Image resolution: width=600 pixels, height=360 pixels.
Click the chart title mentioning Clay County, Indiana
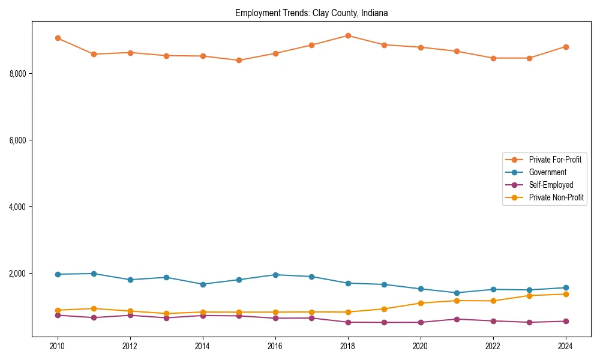pos(311,13)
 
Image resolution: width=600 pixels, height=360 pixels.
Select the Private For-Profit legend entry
pos(555,160)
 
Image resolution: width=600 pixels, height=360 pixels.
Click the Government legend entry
pos(547,172)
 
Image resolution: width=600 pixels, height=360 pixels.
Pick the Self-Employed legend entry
pos(551,185)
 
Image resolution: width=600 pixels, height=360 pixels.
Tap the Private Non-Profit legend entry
pos(556,197)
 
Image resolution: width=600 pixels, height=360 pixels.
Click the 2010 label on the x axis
pos(58,346)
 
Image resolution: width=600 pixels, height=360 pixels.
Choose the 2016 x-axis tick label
pos(275,346)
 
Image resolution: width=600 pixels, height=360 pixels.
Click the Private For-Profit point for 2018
pos(348,35)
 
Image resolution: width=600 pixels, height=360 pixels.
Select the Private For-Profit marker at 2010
pos(58,38)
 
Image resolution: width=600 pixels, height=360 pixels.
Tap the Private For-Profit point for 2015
pos(239,60)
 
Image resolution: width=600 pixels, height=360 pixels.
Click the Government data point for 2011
pos(94,274)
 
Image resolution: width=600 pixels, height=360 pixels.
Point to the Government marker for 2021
pos(457,293)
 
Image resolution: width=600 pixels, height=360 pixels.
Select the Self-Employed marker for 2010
pos(58,315)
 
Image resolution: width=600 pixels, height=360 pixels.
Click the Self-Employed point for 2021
pos(457,319)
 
